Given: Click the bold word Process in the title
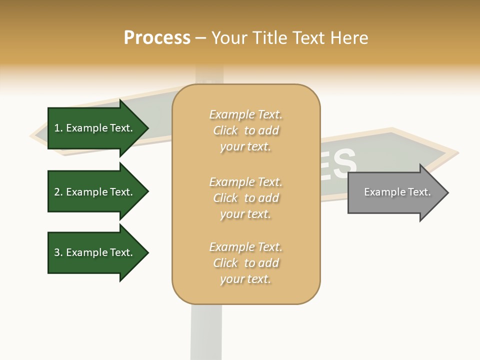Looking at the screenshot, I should point(157,38).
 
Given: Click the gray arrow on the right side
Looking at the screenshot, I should point(395,192).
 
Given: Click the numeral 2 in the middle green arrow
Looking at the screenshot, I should point(57,192).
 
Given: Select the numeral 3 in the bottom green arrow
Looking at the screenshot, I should point(57,252).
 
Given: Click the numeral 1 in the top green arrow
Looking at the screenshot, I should point(57,128).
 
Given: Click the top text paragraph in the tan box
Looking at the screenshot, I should point(245,130).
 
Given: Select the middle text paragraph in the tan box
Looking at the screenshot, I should point(245,198).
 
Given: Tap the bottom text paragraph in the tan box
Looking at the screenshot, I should point(245,263).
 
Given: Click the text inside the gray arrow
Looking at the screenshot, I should point(397,192).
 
